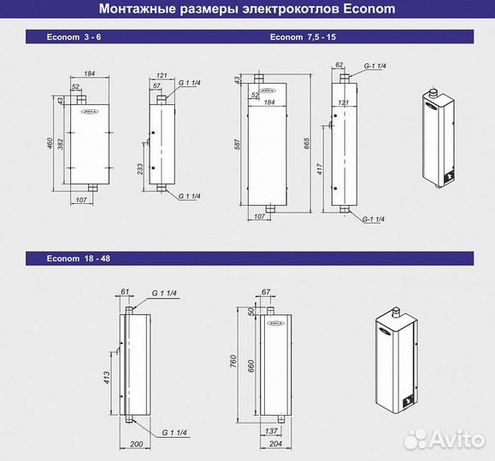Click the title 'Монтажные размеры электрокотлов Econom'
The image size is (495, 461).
pos(247,10)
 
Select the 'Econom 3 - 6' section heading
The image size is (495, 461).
pos(79,38)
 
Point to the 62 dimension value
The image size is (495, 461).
pos(339,64)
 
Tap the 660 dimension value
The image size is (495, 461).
pos(249,365)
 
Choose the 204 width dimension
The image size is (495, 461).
pos(275,444)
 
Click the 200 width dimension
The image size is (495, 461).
pos(135,444)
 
